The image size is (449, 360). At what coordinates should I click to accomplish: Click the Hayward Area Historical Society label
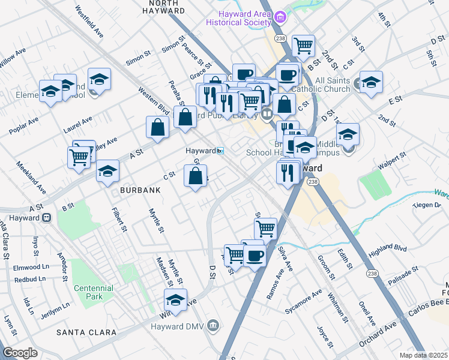[238, 18]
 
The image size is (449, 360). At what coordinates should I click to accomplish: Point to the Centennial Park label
[93, 292]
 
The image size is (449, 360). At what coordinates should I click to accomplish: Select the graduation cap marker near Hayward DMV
[175, 299]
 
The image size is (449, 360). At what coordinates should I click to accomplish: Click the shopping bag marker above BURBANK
[195, 176]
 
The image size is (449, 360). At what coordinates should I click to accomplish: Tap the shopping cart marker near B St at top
[303, 45]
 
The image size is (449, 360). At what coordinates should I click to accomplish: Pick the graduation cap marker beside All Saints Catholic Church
[371, 83]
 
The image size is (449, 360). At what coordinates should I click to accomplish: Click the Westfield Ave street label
[89, 22]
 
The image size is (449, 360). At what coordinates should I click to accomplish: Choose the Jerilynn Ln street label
[46, 298]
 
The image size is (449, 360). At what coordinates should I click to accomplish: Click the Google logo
[20, 352]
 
